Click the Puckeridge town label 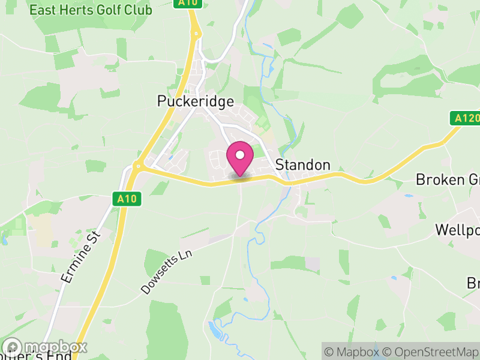click(x=195, y=101)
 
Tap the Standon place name click(x=302, y=165)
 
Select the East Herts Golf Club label click(x=91, y=10)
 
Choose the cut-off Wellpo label click(x=457, y=230)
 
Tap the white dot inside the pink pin click(x=239, y=155)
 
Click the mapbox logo click(x=46, y=347)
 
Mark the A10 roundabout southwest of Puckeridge click(x=137, y=167)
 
